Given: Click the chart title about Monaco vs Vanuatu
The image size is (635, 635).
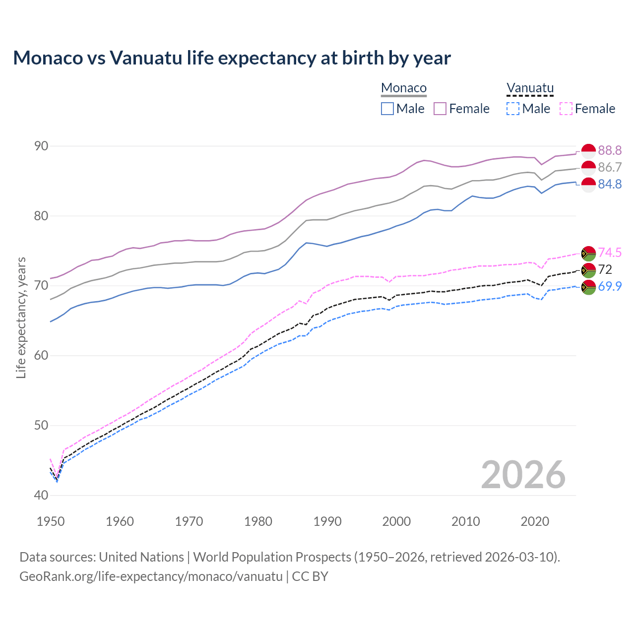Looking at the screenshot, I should (x=232, y=58).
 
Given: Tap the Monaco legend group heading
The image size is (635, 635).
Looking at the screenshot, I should (x=404, y=88).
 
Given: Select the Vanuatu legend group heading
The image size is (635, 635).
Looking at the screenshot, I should (x=530, y=88).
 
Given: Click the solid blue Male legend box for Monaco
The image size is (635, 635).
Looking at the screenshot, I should (x=387, y=109).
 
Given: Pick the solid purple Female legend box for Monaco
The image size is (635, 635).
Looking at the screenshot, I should (x=441, y=109).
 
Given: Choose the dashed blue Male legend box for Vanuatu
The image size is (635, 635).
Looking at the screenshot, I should (x=513, y=109).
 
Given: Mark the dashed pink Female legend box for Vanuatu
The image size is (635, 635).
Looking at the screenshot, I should (x=566, y=109).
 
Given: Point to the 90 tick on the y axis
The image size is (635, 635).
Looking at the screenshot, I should (x=41, y=146).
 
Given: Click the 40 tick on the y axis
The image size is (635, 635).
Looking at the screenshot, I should (x=41, y=495).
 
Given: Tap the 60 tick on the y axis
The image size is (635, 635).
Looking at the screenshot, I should (x=41, y=355).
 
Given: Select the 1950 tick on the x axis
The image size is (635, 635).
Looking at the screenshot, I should (x=51, y=521).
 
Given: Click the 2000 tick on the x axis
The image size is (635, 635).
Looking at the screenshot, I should (x=396, y=521).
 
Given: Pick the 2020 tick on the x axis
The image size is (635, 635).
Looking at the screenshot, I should (x=535, y=521).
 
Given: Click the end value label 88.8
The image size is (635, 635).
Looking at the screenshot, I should (x=610, y=150).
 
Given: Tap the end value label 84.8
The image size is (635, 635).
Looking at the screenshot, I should (x=610, y=184).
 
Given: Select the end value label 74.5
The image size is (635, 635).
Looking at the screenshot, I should (x=610, y=253).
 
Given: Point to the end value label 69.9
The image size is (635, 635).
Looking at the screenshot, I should (x=610, y=286).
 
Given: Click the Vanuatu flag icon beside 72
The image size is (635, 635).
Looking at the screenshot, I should (x=588, y=270).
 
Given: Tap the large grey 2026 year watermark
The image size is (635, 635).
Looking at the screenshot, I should (x=523, y=475).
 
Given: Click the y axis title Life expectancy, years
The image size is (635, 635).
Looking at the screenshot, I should (x=21, y=317).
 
